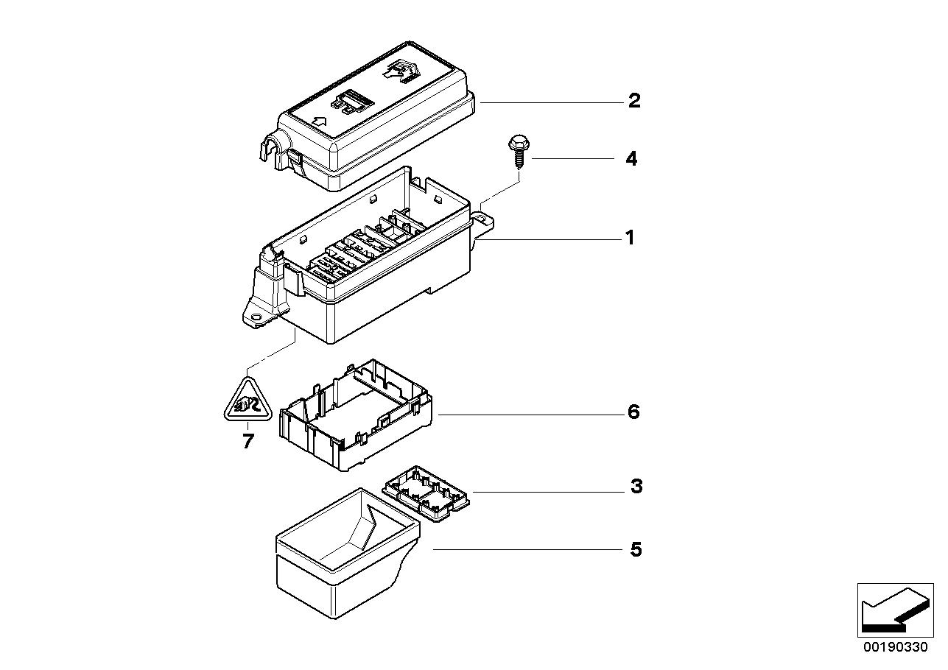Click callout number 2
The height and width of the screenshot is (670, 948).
(634, 101)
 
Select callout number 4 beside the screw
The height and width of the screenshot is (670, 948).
(631, 159)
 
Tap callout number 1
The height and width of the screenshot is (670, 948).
(630, 238)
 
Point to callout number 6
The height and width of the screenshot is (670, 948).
(633, 412)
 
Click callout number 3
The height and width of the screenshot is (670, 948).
(636, 487)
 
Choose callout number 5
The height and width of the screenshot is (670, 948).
(636, 550)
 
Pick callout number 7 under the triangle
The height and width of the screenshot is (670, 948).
(247, 442)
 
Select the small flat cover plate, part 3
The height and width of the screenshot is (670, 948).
(426, 492)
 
